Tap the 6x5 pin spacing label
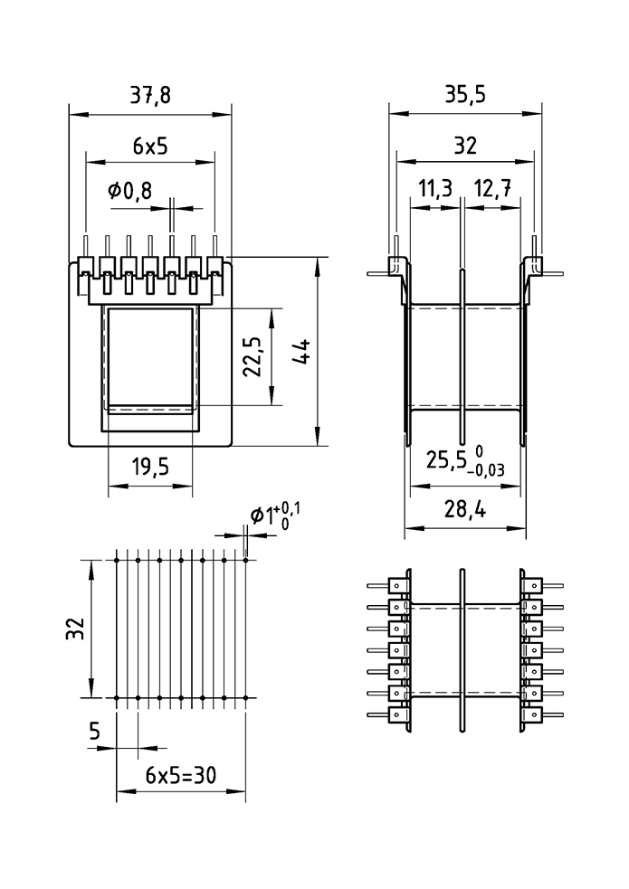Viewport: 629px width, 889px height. point(150,146)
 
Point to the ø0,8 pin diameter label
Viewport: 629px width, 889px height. point(129,191)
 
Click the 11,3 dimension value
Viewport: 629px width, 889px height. point(435,190)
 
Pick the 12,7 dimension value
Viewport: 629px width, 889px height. point(491,190)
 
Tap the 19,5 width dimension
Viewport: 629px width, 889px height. point(150,468)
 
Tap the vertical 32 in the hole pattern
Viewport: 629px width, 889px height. point(75,629)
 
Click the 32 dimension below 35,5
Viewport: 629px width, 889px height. point(465,146)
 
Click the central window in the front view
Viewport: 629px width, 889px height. point(150,357)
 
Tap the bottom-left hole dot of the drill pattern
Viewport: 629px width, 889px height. point(117,698)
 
